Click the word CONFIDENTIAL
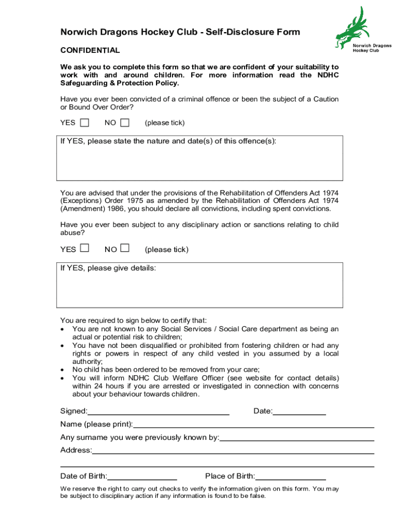click(90, 50)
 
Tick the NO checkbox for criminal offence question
click(125, 123)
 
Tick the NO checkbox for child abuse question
click(125, 248)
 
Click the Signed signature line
click(159, 412)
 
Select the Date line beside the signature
click(299, 412)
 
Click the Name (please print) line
click(253, 425)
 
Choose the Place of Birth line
click(290, 477)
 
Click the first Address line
click(233, 451)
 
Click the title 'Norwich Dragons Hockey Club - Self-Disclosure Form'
click(180, 32)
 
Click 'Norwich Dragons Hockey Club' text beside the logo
click(372, 48)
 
